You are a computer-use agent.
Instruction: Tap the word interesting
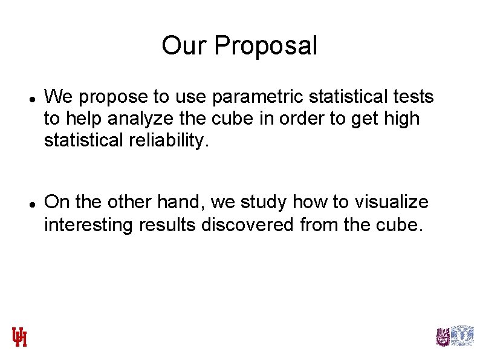click(89, 224)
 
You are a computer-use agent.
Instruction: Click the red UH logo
click(19, 337)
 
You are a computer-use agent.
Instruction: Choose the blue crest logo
click(463, 336)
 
